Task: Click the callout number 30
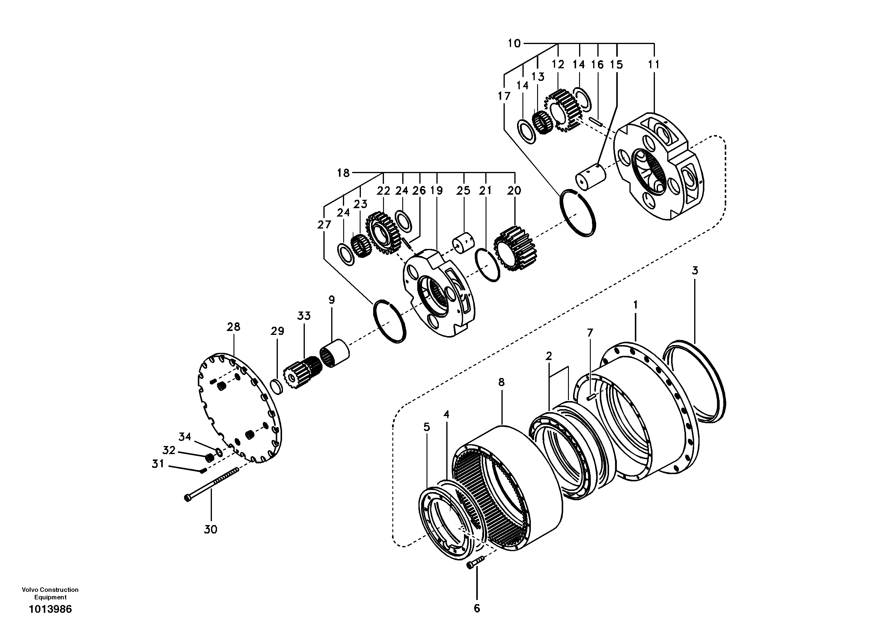click(211, 529)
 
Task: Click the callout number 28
click(233, 327)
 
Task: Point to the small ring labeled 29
click(278, 386)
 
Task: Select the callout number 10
click(514, 43)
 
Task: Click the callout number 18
click(343, 173)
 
